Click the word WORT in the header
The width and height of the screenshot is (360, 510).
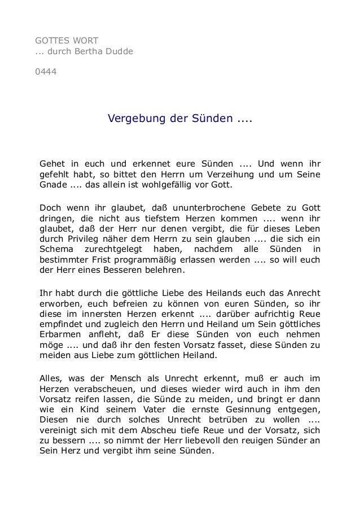(x=84, y=41)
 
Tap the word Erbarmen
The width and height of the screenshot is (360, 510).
(x=59, y=337)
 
